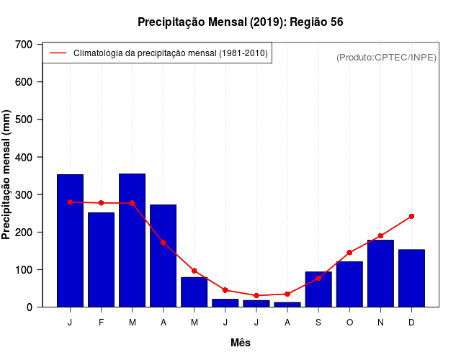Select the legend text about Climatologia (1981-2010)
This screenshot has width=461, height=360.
(x=170, y=53)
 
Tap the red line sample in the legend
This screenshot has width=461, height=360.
(x=58, y=53)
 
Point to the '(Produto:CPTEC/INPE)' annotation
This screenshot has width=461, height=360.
(x=386, y=57)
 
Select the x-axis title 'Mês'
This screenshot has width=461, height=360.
(x=241, y=343)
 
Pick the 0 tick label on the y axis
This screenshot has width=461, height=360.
(x=29, y=307)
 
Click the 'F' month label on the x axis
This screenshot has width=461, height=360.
(x=101, y=323)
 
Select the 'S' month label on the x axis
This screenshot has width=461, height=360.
(x=318, y=323)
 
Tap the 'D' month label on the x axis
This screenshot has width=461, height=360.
(x=411, y=323)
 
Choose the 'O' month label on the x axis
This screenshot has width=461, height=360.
(x=349, y=323)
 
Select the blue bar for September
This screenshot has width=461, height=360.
(x=318, y=289)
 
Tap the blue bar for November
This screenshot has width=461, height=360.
(x=380, y=274)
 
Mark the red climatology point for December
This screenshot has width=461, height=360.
(x=411, y=216)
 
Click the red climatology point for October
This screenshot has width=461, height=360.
(x=349, y=253)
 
